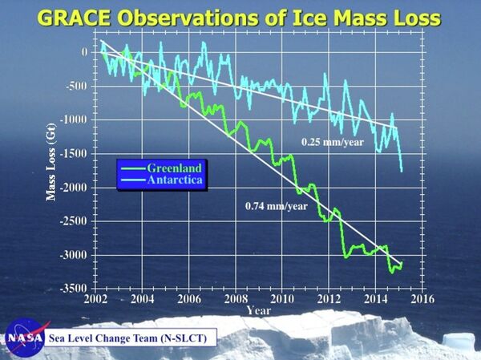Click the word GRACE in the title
[85, 17]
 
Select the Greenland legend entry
[174, 168]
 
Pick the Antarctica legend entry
[176, 181]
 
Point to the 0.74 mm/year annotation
[276, 206]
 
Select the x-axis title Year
[258, 309]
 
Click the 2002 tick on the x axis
[96, 299]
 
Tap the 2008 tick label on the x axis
[236, 299]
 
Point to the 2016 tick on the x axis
[422, 299]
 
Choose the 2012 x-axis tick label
[329, 299]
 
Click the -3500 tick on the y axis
[75, 287]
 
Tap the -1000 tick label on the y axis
[75, 119]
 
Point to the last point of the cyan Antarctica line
[402, 170]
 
